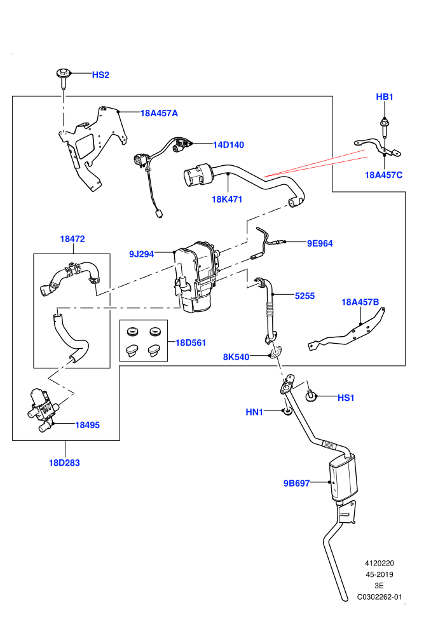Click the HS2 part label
100,75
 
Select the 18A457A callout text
159,114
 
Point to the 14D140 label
228,145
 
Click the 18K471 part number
227,200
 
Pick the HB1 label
385,97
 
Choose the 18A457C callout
383,175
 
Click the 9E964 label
320,243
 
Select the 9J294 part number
141,254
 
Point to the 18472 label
72,239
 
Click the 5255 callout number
305,296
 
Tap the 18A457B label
360,302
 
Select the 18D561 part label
191,343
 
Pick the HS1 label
346,398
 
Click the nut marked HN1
287,412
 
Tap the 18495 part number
88,425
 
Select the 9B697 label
296,484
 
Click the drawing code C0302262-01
380,597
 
